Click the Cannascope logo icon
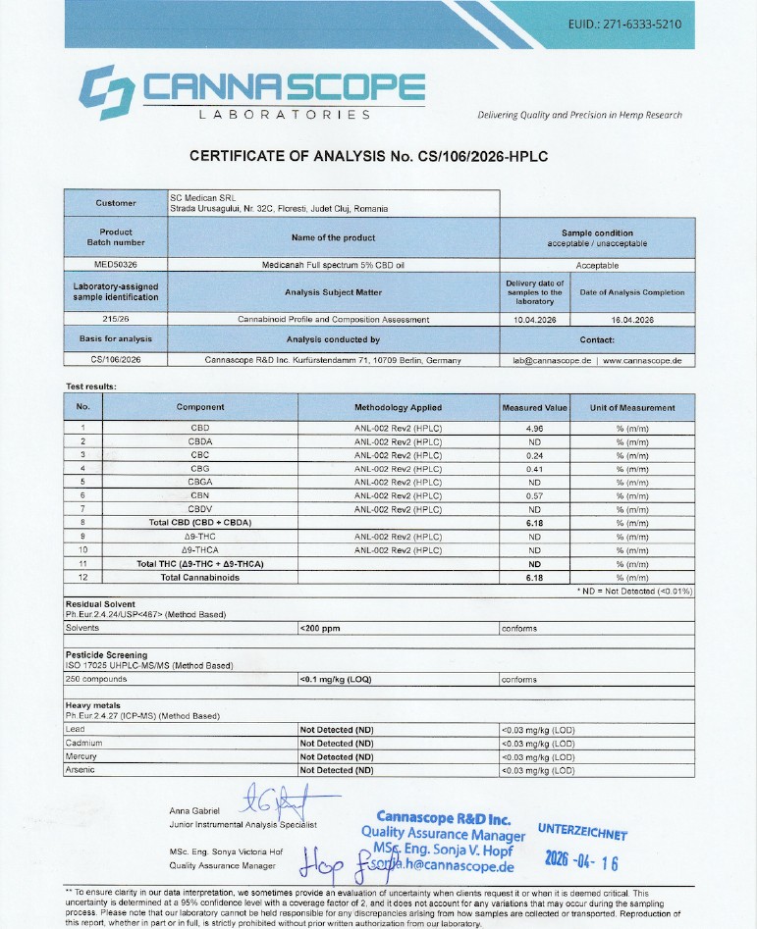[x=106, y=85]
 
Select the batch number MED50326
[x=116, y=265]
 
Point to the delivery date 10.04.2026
[x=535, y=319]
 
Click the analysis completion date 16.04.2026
[x=632, y=319]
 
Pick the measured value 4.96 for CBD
[x=535, y=428]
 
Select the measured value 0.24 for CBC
[x=535, y=455]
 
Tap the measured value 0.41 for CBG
[x=535, y=469]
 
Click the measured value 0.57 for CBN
[x=535, y=495]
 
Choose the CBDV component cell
[x=200, y=509]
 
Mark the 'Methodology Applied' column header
[x=398, y=407]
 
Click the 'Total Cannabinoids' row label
[x=200, y=578]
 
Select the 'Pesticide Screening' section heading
[x=106, y=654]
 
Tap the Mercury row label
[x=81, y=757]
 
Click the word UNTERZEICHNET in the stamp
[x=582, y=833]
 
